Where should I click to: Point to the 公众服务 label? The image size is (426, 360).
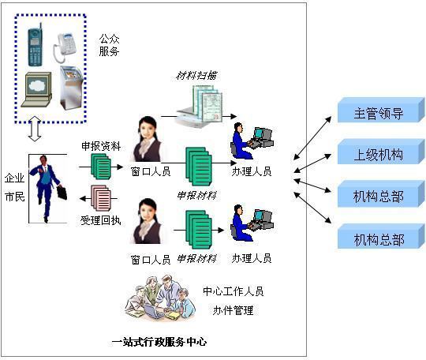[110, 44]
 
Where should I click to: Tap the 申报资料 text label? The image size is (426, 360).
[101, 146]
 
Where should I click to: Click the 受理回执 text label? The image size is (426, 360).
[101, 219]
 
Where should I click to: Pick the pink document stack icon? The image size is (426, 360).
[100, 197]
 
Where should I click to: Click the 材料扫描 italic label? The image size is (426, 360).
[196, 76]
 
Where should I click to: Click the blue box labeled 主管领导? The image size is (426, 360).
[377, 111]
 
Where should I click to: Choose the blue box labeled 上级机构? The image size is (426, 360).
[377, 153]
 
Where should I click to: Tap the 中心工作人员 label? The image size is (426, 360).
[233, 291]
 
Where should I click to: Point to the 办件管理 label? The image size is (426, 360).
[233, 309]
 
